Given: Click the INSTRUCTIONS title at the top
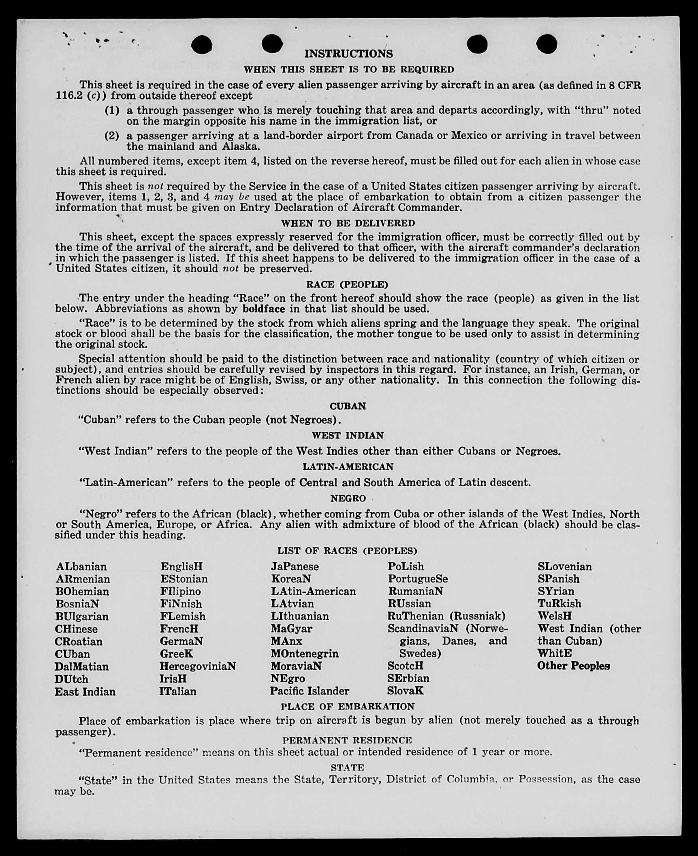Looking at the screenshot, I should tap(348, 54).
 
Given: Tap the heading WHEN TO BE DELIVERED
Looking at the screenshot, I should tap(348, 223).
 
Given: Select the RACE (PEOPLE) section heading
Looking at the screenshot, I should tap(347, 284).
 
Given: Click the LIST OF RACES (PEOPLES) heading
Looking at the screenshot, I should tap(347, 551).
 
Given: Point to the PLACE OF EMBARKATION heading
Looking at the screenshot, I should tap(348, 707).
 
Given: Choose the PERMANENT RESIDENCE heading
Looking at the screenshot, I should tap(347, 740).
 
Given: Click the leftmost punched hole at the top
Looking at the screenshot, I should tap(201, 45).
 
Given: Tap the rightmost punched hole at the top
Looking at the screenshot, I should tap(546, 44).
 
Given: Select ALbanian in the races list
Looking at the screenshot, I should tap(81, 566).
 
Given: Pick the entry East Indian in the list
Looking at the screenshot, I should tap(85, 692).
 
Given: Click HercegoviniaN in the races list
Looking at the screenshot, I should tap(198, 666).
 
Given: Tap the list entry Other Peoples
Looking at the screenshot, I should tap(573, 666).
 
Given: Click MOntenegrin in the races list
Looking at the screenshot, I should tap(305, 654).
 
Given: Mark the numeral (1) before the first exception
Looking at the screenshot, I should tap(112, 110).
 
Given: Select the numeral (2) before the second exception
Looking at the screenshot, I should tap(112, 136).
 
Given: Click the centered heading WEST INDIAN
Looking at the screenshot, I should tap(348, 435).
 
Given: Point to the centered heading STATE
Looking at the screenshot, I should tap(347, 767).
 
